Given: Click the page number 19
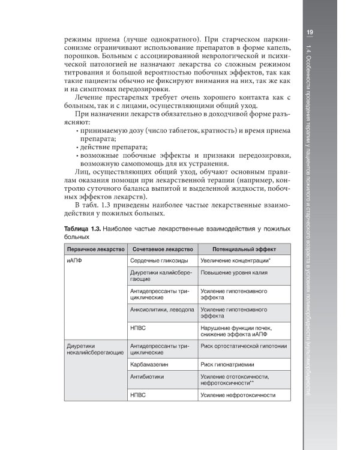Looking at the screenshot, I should pyautogui.click(x=310, y=32).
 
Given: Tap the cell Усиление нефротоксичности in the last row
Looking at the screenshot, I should pyautogui.click(x=238, y=395).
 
